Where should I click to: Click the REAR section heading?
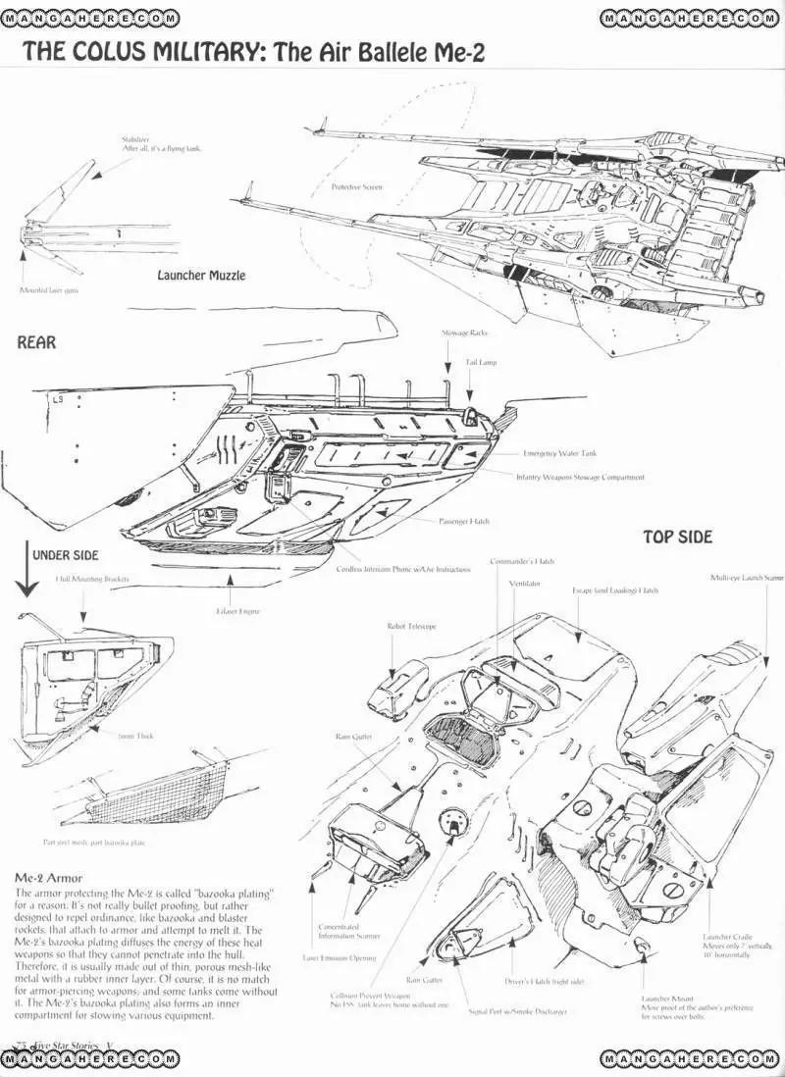click(36, 343)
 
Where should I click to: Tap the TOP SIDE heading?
click(677, 538)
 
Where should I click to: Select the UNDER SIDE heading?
click(65, 555)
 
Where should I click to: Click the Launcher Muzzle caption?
click(201, 276)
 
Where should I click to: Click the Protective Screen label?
click(356, 186)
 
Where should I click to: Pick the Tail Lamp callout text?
click(481, 362)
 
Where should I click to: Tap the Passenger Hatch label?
click(463, 521)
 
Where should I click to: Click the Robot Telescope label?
click(411, 625)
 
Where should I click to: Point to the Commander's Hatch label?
click(522, 562)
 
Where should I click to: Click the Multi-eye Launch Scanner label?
click(748, 579)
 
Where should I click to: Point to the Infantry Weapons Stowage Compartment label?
click(580, 478)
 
